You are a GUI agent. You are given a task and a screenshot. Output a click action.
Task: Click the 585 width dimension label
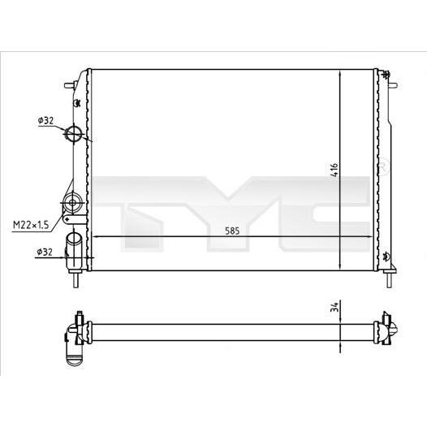click(232, 231)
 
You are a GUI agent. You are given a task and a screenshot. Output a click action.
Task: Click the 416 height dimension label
click(334, 170)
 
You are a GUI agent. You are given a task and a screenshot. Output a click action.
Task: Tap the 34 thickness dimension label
click(335, 307)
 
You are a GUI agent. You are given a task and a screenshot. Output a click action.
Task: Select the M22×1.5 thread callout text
click(31, 225)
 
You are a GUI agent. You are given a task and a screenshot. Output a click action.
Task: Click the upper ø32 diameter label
click(45, 120)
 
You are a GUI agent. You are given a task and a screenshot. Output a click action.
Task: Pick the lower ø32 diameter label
click(45, 252)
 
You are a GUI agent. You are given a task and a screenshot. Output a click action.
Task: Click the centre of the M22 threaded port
click(72, 203)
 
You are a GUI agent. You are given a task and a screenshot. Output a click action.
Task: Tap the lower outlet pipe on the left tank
click(74, 250)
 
